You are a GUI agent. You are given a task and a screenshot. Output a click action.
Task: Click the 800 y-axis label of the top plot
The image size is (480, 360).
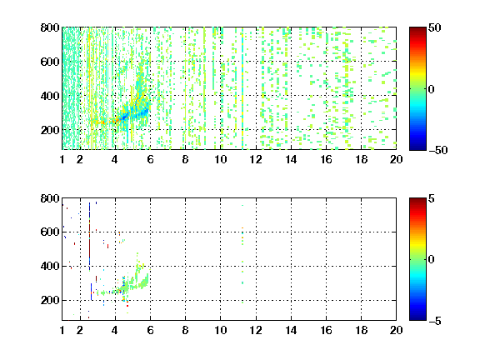pyautogui.click(x=50, y=27)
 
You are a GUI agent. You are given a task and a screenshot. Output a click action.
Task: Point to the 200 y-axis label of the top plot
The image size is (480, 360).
pyautogui.click(x=50, y=130)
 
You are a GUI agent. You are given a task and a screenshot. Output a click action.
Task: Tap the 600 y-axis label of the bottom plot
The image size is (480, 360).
pyautogui.click(x=50, y=232)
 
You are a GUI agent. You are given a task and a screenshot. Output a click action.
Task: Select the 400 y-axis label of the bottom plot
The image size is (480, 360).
pyautogui.click(x=50, y=266)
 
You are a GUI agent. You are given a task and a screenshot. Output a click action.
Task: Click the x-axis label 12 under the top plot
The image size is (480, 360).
pyautogui.click(x=256, y=159)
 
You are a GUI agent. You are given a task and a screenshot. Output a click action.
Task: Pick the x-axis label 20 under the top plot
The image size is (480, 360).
pyautogui.click(x=396, y=159)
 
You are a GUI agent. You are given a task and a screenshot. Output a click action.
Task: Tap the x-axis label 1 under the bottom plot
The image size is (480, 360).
pyautogui.click(x=62, y=330)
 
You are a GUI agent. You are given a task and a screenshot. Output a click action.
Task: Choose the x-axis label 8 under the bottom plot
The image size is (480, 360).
pyautogui.click(x=185, y=330)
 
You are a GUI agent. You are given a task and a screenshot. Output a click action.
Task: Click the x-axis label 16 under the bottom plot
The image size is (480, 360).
pyautogui.click(x=326, y=330)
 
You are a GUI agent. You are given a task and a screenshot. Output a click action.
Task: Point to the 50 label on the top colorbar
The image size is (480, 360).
pyautogui.click(x=434, y=27)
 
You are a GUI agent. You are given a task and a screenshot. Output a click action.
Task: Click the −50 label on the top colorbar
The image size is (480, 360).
pyautogui.click(x=438, y=150)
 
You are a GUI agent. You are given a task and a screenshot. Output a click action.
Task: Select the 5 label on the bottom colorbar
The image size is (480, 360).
pyautogui.click(x=432, y=198)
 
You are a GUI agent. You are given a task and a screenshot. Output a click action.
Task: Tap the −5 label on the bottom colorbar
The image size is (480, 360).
pyautogui.click(x=435, y=321)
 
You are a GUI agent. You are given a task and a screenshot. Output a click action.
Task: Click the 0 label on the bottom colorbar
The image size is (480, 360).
pyautogui.click(x=432, y=260)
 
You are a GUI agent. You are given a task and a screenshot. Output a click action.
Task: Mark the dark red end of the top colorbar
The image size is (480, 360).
pyautogui.click(x=417, y=29)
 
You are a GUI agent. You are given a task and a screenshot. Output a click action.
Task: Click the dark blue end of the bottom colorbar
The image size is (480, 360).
pyautogui.click(x=417, y=318)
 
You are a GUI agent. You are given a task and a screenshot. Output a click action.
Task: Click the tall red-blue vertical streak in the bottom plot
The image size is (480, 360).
pyautogui.click(x=89, y=237)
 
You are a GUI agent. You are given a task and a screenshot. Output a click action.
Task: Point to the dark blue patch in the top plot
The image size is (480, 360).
pyautogui.click(x=125, y=117)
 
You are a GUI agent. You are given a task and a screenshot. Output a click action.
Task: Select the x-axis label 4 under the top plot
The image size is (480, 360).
pyautogui.click(x=115, y=159)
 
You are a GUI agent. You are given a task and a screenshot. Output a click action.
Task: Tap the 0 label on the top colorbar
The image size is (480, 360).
pyautogui.click(x=432, y=89)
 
